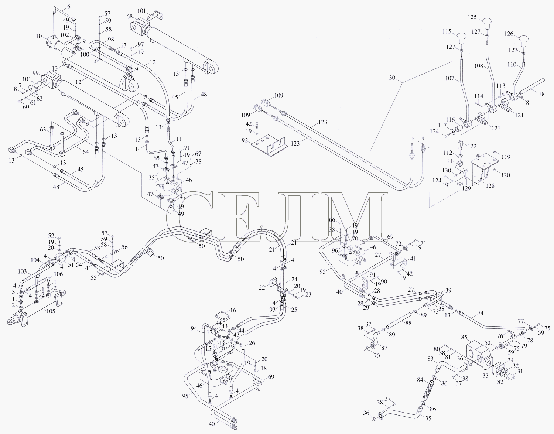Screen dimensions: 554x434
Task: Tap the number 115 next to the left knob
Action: coord(454,32)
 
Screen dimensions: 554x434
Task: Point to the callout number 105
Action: coord(51,311)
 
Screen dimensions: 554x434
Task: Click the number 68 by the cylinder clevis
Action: coord(130,17)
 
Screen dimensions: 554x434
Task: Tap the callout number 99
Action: coord(35,73)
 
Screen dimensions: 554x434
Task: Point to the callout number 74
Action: coord(481,313)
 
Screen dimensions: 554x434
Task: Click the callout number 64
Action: coord(85,152)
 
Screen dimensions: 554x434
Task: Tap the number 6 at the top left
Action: coord(69,7)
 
